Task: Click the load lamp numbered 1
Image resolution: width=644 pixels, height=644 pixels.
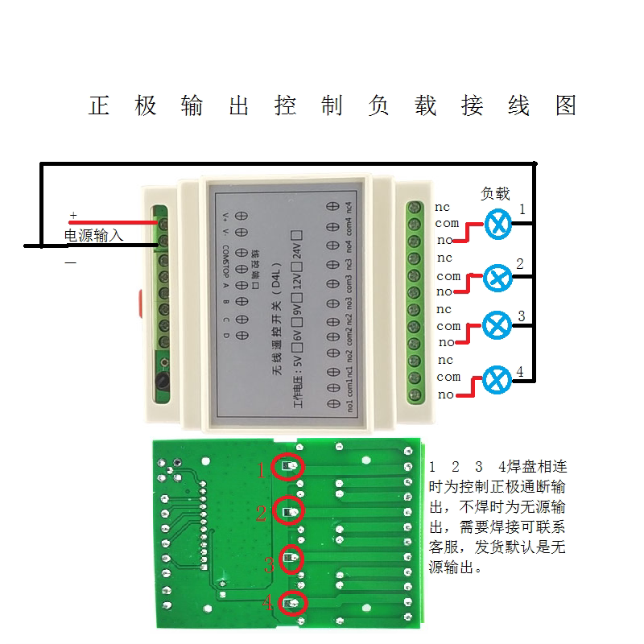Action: pyautogui.click(x=502, y=224)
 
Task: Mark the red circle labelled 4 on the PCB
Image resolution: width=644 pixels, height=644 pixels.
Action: pyautogui.click(x=293, y=603)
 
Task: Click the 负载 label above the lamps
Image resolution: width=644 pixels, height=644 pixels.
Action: pyautogui.click(x=495, y=194)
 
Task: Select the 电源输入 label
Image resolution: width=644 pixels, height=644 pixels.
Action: pyautogui.click(x=94, y=236)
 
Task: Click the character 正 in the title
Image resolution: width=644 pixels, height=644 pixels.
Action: pyautogui.click(x=99, y=106)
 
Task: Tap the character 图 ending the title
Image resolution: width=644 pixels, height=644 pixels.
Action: pyautogui.click(x=566, y=106)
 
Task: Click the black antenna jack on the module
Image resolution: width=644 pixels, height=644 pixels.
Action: pyautogui.click(x=162, y=382)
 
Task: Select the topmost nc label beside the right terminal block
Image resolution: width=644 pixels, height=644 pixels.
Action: pyautogui.click(x=444, y=208)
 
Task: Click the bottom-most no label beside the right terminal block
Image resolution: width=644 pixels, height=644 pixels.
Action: pyautogui.click(x=445, y=394)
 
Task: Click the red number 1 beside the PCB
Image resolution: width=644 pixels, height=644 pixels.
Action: pyautogui.click(x=261, y=470)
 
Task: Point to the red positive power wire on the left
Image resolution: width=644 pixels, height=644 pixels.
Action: pyautogui.click(x=113, y=221)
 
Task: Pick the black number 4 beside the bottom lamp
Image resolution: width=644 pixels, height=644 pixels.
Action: pyautogui.click(x=520, y=372)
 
